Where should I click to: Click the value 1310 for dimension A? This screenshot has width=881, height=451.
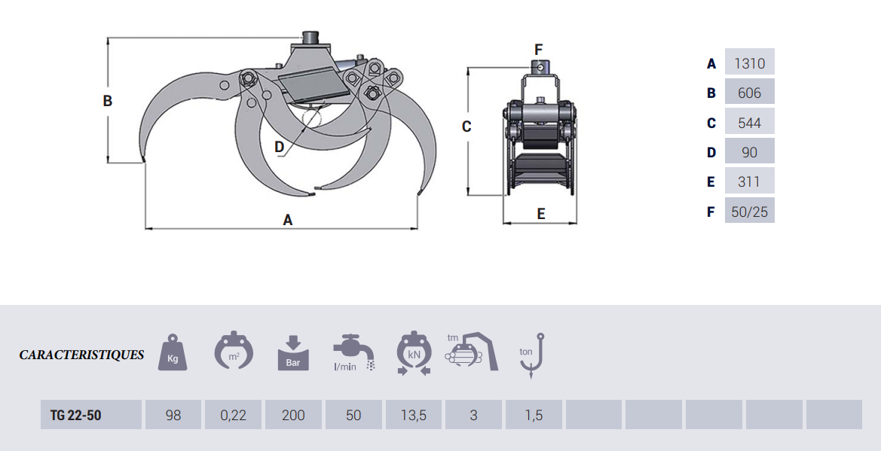750,63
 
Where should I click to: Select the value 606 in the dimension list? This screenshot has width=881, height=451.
750,93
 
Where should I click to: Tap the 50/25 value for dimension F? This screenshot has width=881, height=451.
750,212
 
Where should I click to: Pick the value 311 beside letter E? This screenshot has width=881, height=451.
750,182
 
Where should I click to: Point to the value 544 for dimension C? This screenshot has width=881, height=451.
750,123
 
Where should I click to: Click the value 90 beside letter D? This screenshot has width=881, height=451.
750,153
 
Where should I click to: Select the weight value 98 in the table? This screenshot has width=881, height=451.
173,415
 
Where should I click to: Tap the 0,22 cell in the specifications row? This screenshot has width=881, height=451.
233,415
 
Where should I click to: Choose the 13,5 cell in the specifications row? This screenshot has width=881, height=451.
414,415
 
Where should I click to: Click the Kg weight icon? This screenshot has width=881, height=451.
173,352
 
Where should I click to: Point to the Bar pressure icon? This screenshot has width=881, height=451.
293,353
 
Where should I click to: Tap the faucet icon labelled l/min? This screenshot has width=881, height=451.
354,352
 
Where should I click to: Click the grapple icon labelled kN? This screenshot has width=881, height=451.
414,353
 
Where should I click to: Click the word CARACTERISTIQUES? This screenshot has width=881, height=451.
81,355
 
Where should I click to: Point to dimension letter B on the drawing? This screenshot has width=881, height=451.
107,101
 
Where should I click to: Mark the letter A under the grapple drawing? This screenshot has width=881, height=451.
288,220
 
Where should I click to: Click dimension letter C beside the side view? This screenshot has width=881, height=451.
467,127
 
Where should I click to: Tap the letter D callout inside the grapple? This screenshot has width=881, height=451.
280,147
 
